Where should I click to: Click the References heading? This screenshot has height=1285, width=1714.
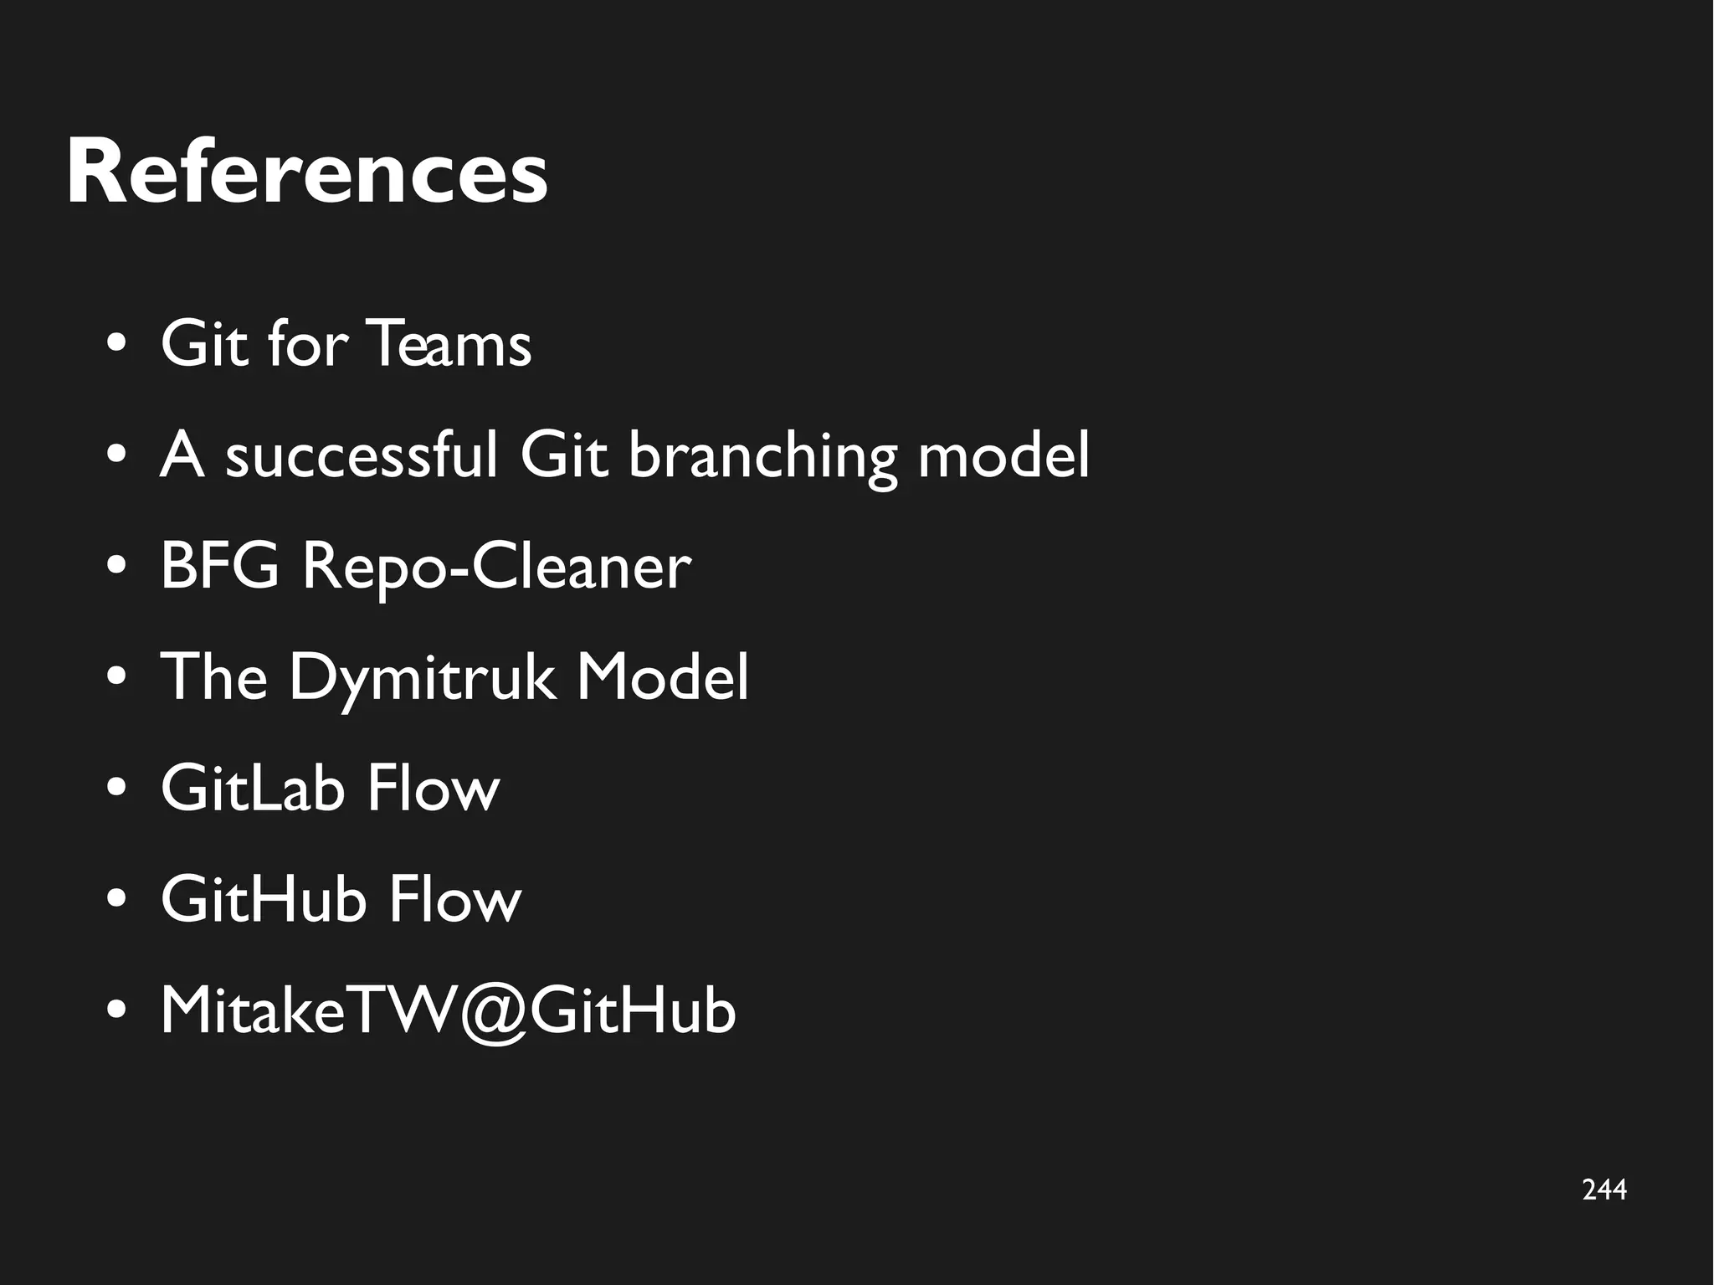click(306, 173)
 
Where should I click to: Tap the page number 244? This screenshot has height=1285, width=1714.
click(1604, 1190)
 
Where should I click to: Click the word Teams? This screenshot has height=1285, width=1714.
click(449, 344)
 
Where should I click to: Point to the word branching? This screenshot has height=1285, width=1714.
click(762, 458)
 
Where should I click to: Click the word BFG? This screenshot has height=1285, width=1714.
click(219, 567)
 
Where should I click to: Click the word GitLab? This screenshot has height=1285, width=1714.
click(253, 789)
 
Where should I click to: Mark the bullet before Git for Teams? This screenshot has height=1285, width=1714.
click(116, 344)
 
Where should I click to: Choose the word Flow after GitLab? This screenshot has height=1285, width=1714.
click(433, 789)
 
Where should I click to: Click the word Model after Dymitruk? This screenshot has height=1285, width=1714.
click(662, 677)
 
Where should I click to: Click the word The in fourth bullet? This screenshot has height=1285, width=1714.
click(214, 677)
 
